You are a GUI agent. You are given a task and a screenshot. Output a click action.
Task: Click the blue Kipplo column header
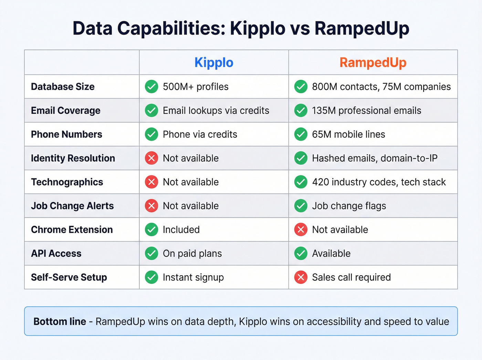pos(214,63)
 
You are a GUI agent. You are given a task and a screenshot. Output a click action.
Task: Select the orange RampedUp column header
pos(373,63)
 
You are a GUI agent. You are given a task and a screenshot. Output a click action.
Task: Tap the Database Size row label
pos(63,87)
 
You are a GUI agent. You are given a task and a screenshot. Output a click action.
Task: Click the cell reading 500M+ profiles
pos(196,87)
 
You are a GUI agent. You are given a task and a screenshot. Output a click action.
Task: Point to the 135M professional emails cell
pos(366,111)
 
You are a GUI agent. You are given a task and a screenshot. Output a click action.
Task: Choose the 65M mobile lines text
pos(348,134)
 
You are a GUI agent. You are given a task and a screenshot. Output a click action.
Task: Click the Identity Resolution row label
pos(73,158)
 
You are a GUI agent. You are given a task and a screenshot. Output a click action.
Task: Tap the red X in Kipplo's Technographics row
pos(151,182)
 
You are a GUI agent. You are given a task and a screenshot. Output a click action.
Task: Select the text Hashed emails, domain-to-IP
pos(375,158)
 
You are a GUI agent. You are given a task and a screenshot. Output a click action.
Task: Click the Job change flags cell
pos(349,206)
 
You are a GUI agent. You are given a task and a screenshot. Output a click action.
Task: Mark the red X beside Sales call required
pos(301,277)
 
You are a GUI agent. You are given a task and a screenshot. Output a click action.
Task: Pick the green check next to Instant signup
pos(151,277)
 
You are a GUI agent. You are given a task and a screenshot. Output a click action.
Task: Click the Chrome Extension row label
pos(72,230)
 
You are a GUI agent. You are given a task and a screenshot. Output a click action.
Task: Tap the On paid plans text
pos(192,254)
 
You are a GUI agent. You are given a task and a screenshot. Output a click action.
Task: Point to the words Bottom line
pos(60,322)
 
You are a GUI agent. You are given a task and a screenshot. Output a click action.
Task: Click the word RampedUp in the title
pos(361,29)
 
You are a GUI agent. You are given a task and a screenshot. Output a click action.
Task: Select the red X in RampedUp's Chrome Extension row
pos(301,230)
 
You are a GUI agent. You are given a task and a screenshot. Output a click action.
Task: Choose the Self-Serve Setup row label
pos(69,277)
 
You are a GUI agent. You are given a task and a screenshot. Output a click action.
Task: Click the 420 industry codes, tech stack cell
pos(379,182)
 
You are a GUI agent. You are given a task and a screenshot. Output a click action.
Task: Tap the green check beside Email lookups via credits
pos(151,111)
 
